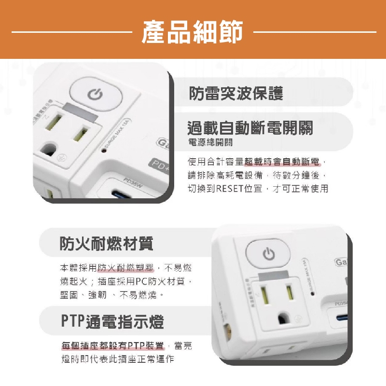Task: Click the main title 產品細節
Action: coord(193,33)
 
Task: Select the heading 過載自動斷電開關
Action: coord(250,128)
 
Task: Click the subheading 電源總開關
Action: coord(210,142)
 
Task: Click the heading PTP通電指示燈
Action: coord(112,321)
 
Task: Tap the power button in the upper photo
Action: coord(95,94)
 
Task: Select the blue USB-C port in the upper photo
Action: coord(122,196)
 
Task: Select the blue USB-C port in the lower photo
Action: coord(341,318)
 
